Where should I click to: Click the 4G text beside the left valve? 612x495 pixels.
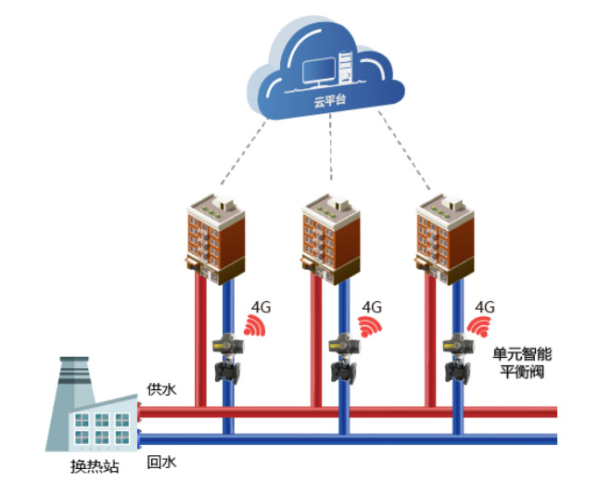(261, 306)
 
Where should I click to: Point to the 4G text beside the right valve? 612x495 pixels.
(485, 306)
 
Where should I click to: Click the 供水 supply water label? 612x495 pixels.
(159, 388)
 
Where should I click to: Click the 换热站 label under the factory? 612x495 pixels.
(95, 466)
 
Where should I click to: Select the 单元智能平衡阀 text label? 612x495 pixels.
(521, 362)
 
